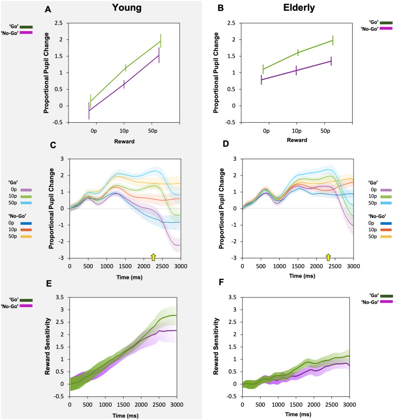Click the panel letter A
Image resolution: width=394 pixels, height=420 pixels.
point(47,9)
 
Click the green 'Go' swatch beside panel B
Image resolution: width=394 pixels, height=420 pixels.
point(379,22)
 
